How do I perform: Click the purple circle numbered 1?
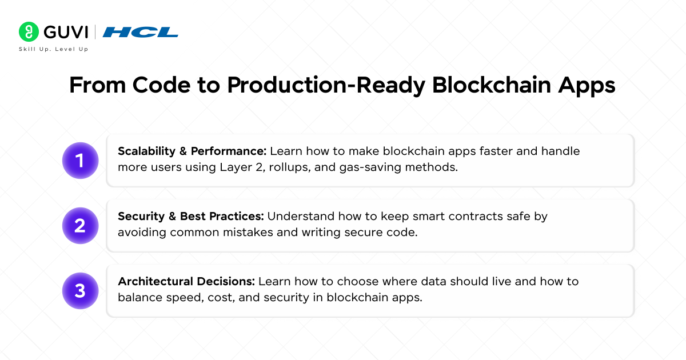coord(80,161)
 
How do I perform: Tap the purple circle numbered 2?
coord(80,226)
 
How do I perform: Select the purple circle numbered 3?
coord(80,291)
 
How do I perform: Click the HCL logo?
coord(141,32)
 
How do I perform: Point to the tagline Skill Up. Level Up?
coord(53,49)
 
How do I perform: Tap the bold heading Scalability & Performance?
coord(192,151)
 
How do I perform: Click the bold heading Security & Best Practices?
coord(191,217)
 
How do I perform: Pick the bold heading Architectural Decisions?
coord(186,282)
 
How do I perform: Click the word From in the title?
coord(97,85)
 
